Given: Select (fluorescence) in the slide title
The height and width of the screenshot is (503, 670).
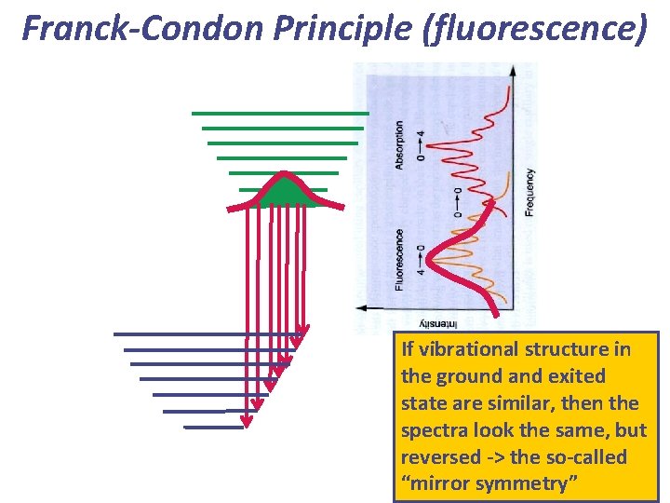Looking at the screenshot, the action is (x=534, y=30).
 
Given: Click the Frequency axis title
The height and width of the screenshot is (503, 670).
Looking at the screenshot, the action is (x=529, y=192).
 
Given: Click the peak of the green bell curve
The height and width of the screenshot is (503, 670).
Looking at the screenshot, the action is (x=284, y=175).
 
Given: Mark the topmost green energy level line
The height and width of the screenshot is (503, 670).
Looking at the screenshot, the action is (x=280, y=113).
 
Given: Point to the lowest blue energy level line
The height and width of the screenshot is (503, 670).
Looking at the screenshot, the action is (x=214, y=428).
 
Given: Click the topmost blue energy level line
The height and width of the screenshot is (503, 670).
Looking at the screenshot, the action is (x=205, y=333).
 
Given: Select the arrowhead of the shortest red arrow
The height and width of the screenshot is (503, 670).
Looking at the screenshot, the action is (x=302, y=332).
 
